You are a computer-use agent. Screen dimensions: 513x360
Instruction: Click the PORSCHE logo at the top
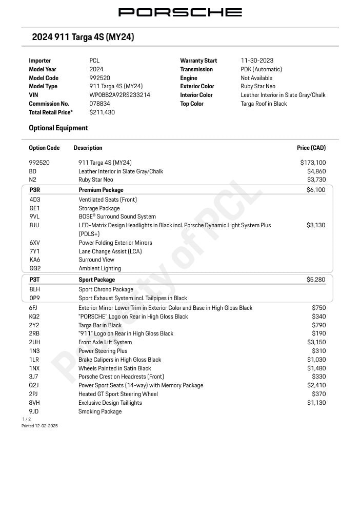pos(180,12)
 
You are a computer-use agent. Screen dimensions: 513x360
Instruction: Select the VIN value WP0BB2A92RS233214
pos(119,95)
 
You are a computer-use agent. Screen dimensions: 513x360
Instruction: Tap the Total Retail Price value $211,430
pos(102,112)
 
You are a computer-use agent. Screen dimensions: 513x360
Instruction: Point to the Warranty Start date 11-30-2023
pos(257,61)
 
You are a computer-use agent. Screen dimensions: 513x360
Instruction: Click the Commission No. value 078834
pos(99,104)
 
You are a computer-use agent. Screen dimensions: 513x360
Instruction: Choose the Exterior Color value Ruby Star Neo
pos(258,86)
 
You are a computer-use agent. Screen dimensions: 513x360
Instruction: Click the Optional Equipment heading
pos(58,128)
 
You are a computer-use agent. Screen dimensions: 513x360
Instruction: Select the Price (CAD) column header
pos(311,148)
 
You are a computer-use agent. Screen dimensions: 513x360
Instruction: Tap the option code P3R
pos(35,190)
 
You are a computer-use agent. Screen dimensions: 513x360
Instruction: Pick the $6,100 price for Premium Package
pos(315,190)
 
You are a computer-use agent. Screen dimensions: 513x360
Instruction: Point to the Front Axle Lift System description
pos(105,342)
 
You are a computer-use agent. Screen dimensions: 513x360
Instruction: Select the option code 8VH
pos(34,403)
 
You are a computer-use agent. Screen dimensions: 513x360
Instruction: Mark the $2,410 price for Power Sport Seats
pos(316,385)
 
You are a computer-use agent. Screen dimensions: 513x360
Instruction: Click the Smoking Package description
pos(100,411)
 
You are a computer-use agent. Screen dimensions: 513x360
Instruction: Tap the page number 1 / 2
pos(26,419)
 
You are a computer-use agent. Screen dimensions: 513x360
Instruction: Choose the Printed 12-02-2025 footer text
pos(39,426)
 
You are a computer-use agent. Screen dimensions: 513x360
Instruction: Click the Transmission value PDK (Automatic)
pos(261,69)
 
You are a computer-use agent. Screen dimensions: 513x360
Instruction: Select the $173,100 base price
pos(313,163)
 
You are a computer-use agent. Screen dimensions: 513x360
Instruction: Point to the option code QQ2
pos(35,268)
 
